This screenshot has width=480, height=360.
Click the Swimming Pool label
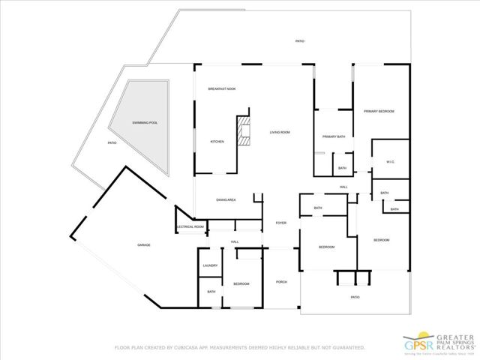tap(145, 122)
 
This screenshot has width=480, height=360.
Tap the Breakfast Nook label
tap(222, 89)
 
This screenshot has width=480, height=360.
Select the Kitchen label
tap(217, 142)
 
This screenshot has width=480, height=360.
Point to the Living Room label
tap(280, 133)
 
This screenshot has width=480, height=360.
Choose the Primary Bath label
tap(333, 136)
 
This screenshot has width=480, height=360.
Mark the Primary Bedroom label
tap(379, 111)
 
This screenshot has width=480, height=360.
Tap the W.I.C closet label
tap(390, 162)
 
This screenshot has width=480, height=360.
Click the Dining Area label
tap(226, 200)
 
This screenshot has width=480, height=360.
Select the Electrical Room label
tap(190, 226)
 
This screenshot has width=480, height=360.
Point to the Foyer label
tap(280, 223)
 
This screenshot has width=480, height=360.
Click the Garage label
tap(144, 245)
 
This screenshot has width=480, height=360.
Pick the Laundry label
tap(210, 265)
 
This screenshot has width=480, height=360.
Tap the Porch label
tap(281, 282)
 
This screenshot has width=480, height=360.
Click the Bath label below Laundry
tap(211, 292)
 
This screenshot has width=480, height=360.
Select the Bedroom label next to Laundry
tap(241, 283)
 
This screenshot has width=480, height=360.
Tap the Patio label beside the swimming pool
tap(112, 142)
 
